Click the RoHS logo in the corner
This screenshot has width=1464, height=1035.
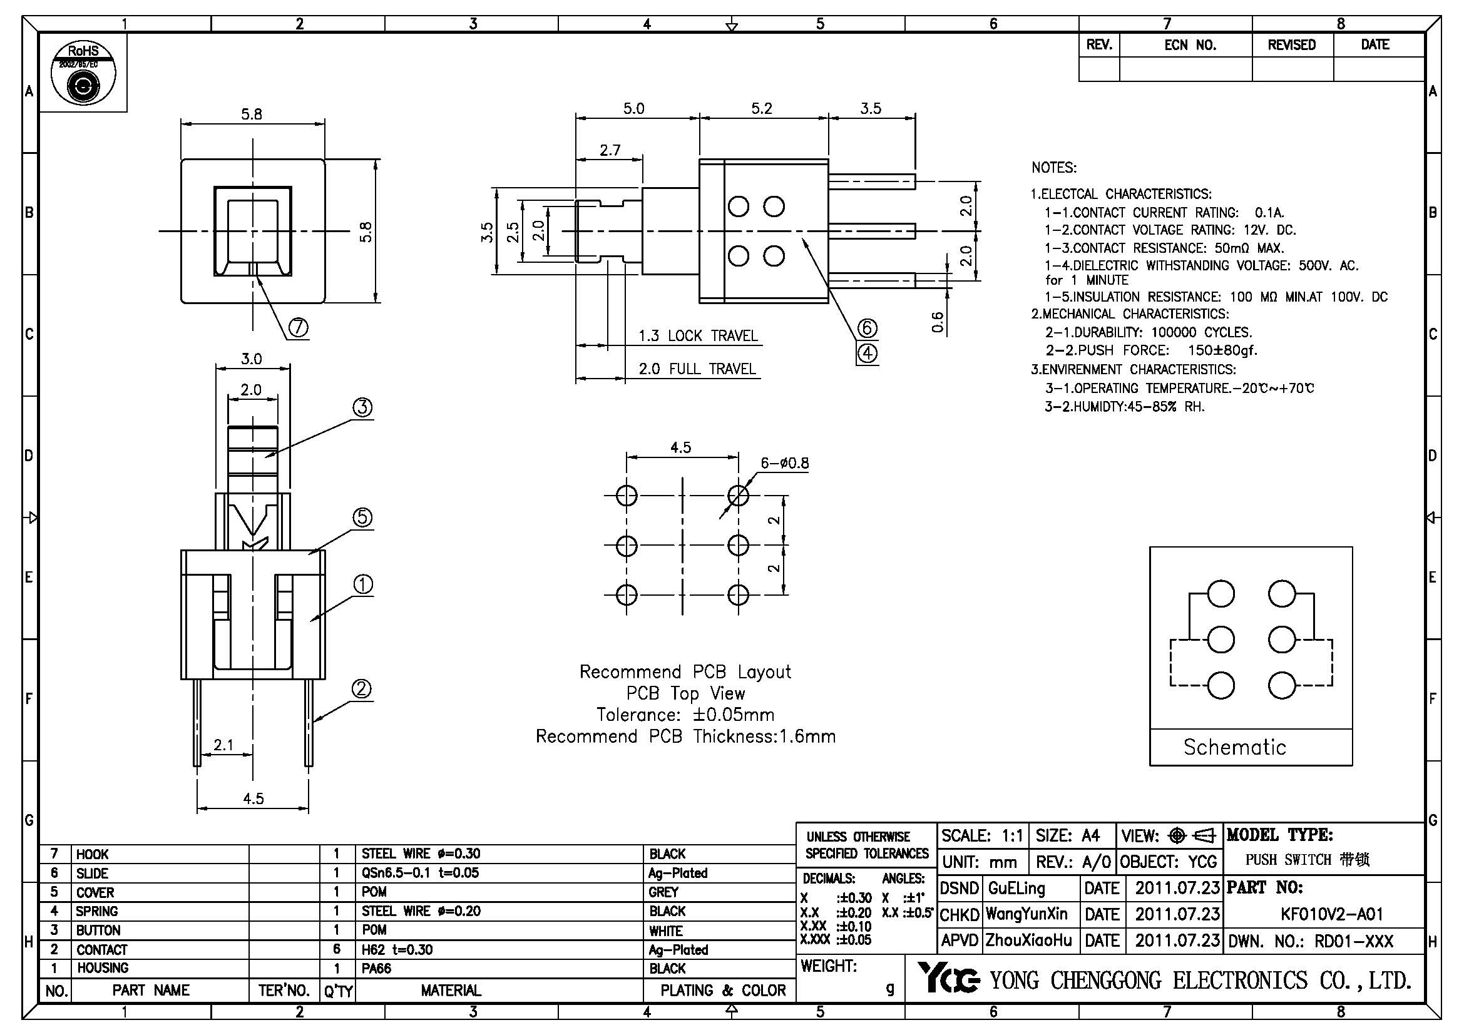(83, 73)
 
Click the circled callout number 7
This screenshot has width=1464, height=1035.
(298, 327)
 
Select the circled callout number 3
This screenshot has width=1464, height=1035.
(362, 407)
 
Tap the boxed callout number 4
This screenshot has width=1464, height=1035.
(867, 354)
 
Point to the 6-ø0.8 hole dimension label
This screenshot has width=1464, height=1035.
(784, 463)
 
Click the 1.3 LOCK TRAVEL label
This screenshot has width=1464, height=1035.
(699, 336)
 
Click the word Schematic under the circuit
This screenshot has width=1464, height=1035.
(1234, 747)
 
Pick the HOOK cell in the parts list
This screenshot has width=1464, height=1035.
(93, 854)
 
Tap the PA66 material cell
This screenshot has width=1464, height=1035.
(376, 969)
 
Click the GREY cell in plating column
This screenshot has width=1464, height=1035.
(663, 892)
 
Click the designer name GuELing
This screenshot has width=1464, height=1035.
(1016, 888)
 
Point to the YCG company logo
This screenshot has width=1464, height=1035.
(948, 979)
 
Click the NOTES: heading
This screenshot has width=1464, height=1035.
(1053, 168)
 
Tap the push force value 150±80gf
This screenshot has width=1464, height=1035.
(1222, 350)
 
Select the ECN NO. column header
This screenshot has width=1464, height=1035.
(1190, 45)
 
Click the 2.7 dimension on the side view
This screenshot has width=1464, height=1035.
(610, 150)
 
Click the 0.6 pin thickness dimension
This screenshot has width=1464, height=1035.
(938, 322)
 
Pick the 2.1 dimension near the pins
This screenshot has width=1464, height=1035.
(223, 745)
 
